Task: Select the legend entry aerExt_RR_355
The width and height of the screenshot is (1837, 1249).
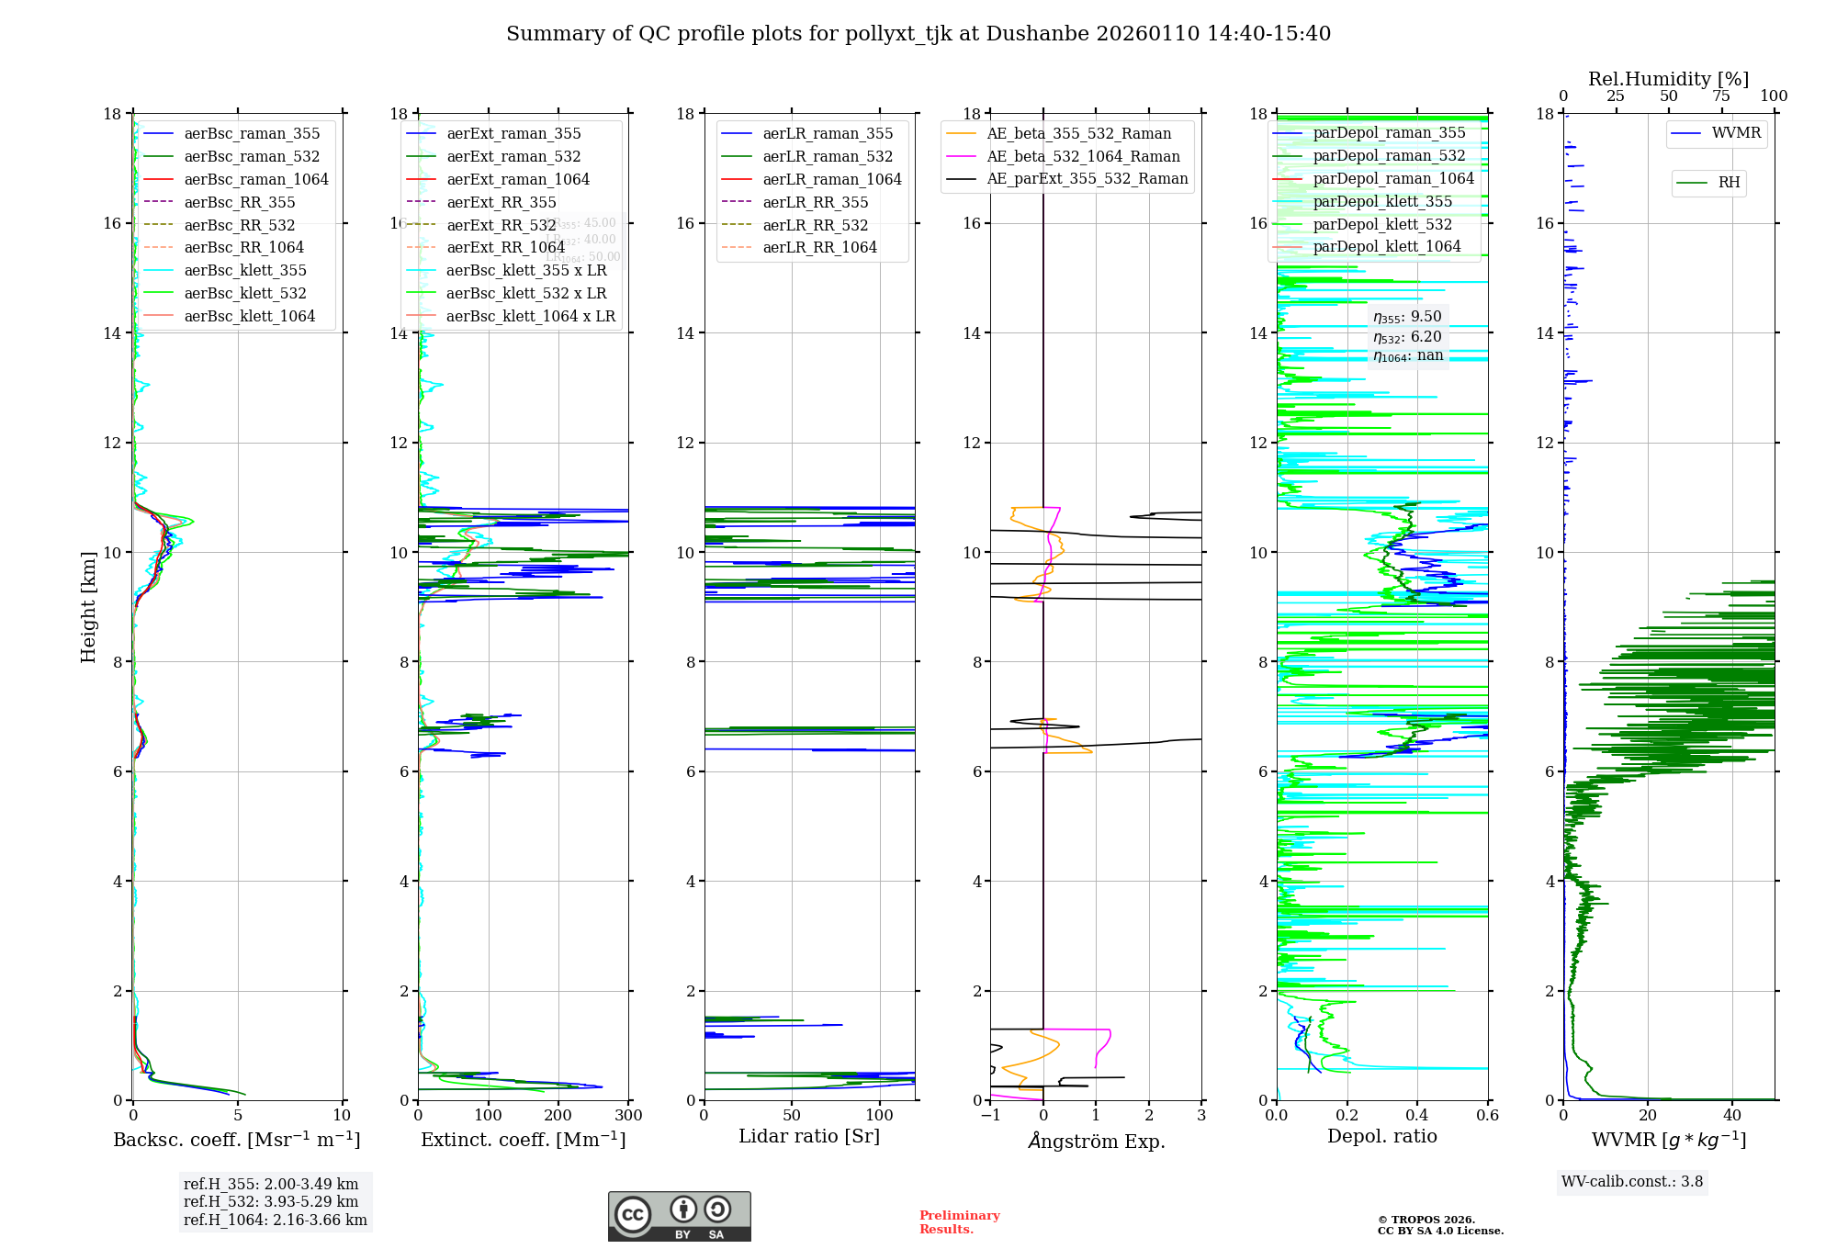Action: (x=502, y=202)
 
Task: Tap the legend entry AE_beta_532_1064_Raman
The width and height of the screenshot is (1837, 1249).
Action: (x=1083, y=156)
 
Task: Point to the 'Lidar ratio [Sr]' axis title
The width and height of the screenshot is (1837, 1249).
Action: (x=808, y=1136)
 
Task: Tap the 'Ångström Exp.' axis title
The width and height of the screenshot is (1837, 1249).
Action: (x=1096, y=1142)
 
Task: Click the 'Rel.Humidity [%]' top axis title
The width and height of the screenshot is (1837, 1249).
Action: (x=1668, y=79)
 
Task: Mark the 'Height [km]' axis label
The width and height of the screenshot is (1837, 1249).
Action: (x=88, y=606)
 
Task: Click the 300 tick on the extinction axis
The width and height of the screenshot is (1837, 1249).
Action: (x=629, y=1116)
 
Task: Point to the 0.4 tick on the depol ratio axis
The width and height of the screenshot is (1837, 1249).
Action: (x=1417, y=1116)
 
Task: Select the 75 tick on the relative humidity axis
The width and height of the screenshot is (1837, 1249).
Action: (x=1720, y=96)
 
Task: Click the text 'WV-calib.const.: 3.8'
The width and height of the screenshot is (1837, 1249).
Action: (x=1631, y=1182)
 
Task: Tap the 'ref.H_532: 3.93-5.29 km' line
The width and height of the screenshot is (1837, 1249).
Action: (x=271, y=1201)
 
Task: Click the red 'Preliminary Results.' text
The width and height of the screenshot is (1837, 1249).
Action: (x=959, y=1222)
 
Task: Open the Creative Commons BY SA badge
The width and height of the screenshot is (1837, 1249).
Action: (x=679, y=1217)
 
